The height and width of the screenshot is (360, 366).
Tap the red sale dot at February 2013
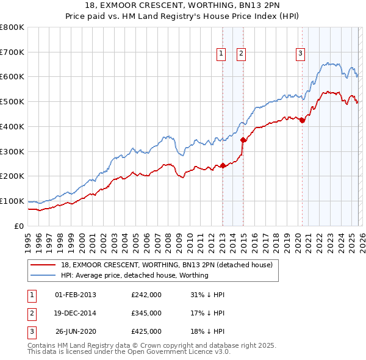tap(223, 165)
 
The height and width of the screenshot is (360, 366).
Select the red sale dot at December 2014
tap(243, 140)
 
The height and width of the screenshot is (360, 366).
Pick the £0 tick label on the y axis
tap(19, 226)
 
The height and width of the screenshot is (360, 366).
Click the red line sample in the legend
tap(43, 265)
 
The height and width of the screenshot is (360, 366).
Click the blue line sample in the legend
tap(43, 275)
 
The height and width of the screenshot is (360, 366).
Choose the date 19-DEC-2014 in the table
tap(75, 313)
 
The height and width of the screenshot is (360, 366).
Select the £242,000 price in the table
tap(146, 295)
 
